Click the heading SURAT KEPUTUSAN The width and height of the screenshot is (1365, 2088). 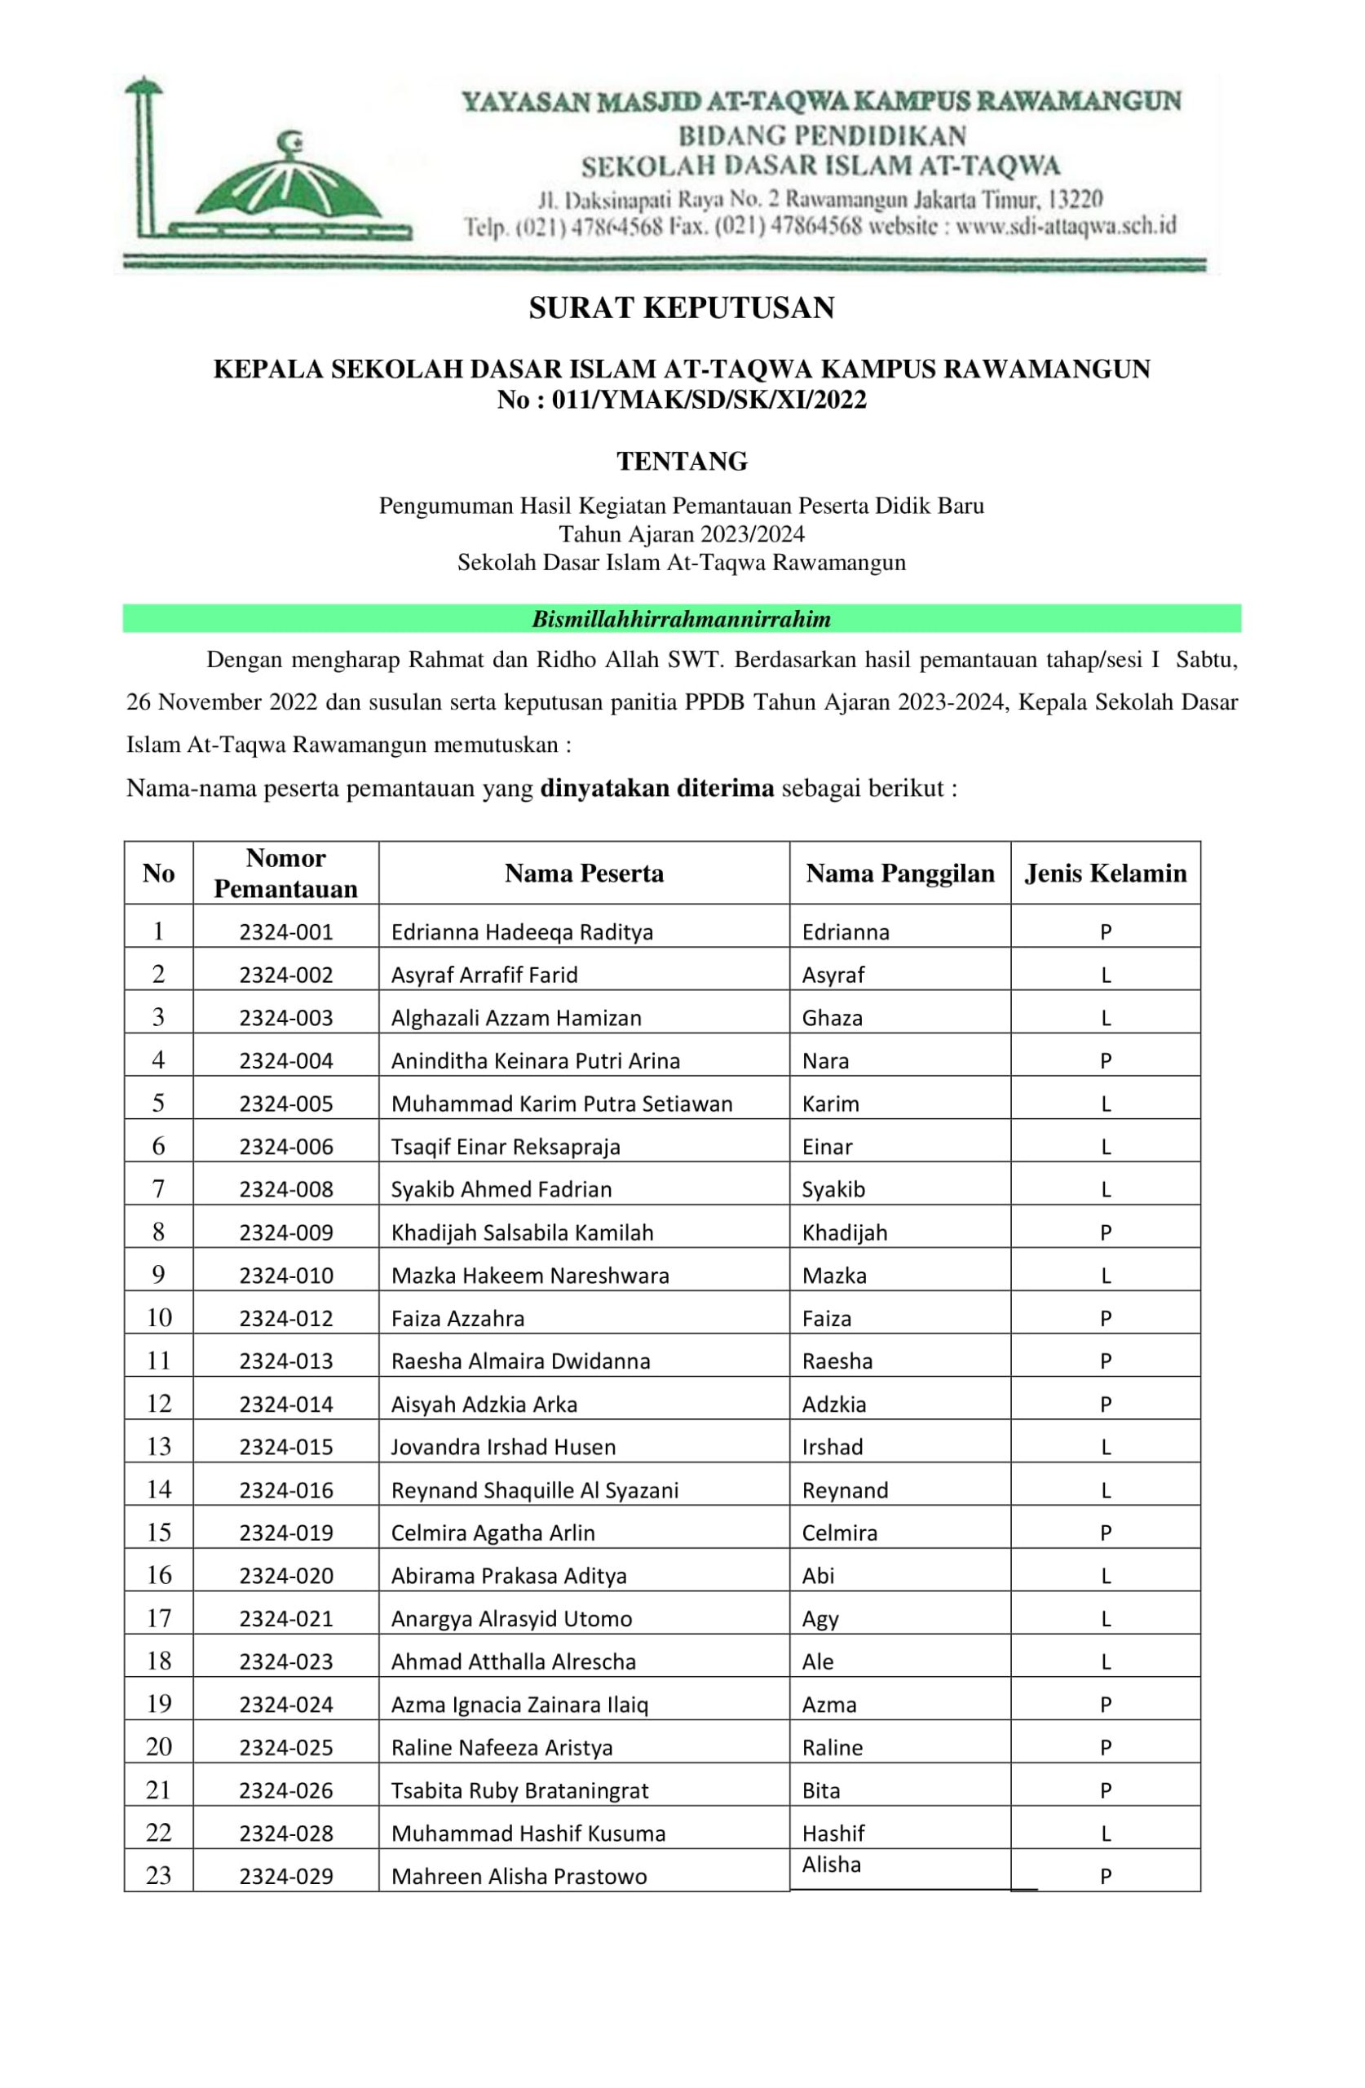681,308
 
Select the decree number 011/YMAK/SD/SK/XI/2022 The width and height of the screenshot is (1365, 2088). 709,400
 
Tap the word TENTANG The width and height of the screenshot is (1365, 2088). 682,462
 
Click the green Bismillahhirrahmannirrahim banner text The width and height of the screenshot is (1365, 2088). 681,619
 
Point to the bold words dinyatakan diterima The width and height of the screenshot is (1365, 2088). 656,788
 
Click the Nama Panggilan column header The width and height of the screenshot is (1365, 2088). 899,873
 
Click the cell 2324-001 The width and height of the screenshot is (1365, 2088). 286,931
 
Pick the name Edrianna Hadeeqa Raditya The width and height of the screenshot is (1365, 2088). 522,931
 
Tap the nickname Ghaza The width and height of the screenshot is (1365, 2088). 832,1018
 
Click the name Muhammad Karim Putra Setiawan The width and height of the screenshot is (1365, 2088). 562,1104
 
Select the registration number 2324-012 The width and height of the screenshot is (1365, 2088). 286,1319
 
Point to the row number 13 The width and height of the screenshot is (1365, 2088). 159,1447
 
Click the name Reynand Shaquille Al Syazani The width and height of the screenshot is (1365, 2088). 534,1489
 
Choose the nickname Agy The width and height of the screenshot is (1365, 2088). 820,1619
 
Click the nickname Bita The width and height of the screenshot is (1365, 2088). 820,1790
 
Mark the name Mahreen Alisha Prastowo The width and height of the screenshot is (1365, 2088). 519,1877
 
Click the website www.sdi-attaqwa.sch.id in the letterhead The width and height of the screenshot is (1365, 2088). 1065,227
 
